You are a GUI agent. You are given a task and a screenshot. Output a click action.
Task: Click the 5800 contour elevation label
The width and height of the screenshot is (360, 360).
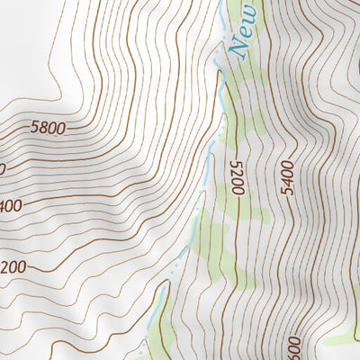pos(47,128)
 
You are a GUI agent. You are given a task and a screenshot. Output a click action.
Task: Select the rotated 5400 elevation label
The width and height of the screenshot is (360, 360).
pos(287,178)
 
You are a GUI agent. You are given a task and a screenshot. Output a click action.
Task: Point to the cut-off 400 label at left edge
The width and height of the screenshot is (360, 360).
pos(11,206)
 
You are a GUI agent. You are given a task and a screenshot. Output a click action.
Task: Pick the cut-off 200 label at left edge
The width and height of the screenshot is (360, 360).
pos(11,267)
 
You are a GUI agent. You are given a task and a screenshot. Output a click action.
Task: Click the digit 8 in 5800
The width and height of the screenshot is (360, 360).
pos(43,128)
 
